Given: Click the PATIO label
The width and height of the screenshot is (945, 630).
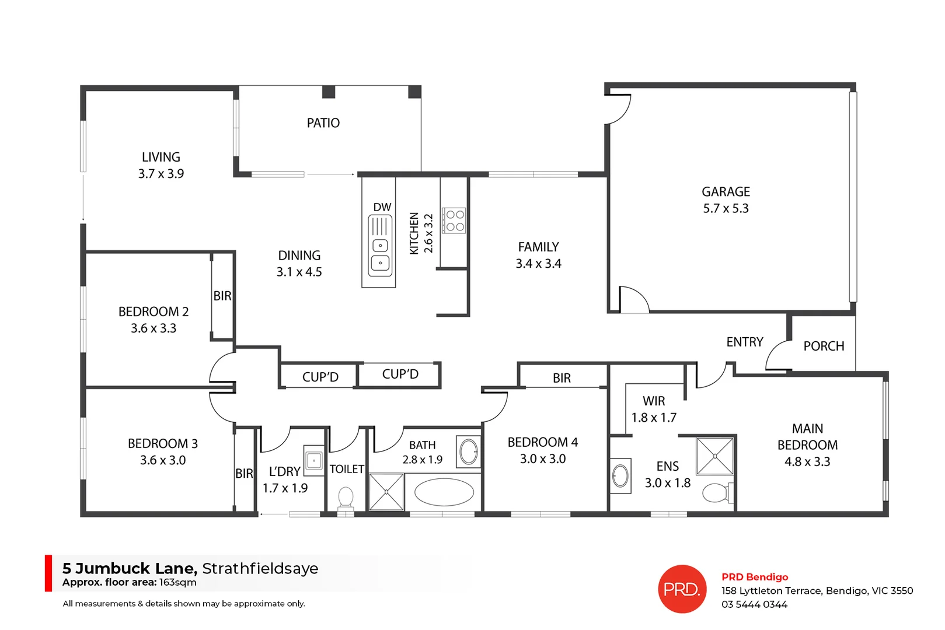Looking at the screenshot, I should click(323, 123).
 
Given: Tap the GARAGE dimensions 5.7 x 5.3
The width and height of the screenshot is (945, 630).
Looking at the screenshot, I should click(726, 209).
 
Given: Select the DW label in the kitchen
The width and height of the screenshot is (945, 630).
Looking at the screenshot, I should click(382, 207).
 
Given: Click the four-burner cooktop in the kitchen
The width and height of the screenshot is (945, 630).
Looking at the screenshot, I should click(454, 220).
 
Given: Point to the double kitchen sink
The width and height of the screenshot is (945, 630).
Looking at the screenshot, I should click(380, 254).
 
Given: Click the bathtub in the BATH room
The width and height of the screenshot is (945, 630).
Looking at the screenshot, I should click(444, 492).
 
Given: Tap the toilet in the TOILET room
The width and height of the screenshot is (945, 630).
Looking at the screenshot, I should click(346, 499).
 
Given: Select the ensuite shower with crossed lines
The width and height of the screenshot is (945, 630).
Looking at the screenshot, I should click(714, 456).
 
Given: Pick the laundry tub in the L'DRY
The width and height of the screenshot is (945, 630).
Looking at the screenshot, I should click(314, 460).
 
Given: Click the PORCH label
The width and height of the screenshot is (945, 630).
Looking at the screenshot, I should click(824, 346).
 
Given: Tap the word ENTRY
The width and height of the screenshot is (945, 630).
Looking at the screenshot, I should click(745, 342).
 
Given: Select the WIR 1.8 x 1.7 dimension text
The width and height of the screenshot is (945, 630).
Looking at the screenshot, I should click(654, 418).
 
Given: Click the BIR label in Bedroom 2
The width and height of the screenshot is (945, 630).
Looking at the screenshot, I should click(222, 296).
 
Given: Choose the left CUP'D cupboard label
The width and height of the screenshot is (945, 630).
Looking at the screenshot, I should click(320, 377).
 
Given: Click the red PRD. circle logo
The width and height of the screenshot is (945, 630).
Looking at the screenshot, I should click(682, 589).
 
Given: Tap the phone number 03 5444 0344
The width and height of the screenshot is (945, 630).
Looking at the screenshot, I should click(754, 605).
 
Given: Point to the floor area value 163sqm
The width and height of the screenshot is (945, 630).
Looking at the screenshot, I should click(178, 583).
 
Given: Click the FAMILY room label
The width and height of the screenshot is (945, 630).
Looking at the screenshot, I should click(538, 247).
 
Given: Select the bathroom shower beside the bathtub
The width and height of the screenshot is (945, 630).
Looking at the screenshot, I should click(386, 492).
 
